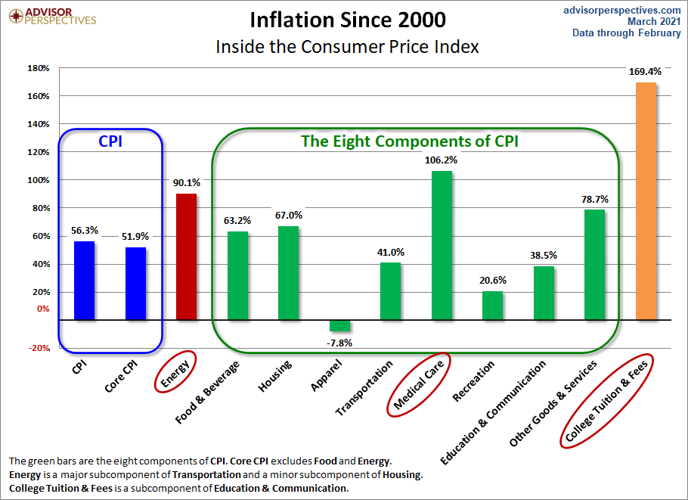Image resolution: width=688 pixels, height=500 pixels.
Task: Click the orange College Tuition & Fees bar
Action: click(x=646, y=200)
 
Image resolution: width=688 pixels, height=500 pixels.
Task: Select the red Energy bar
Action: click(x=186, y=256)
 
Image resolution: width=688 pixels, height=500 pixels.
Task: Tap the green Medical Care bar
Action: click(x=442, y=245)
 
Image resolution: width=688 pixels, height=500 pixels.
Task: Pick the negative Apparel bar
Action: click(x=339, y=325)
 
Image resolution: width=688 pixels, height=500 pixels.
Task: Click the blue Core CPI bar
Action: click(x=135, y=283)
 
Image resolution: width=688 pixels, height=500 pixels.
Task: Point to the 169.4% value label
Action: click(x=645, y=72)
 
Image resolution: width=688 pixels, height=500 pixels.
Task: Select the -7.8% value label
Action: click(x=339, y=343)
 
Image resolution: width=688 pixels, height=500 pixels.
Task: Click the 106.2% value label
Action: click(x=442, y=160)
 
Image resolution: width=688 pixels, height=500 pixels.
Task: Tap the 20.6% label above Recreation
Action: click(x=492, y=280)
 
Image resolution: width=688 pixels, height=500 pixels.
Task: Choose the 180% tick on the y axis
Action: click(x=39, y=68)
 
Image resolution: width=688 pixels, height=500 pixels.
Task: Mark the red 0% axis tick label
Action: click(x=42, y=309)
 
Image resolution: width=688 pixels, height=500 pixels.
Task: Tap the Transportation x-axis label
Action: click(x=365, y=388)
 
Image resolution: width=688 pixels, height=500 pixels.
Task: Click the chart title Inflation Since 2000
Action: click(x=347, y=19)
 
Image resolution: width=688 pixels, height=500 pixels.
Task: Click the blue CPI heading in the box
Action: click(x=110, y=140)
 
